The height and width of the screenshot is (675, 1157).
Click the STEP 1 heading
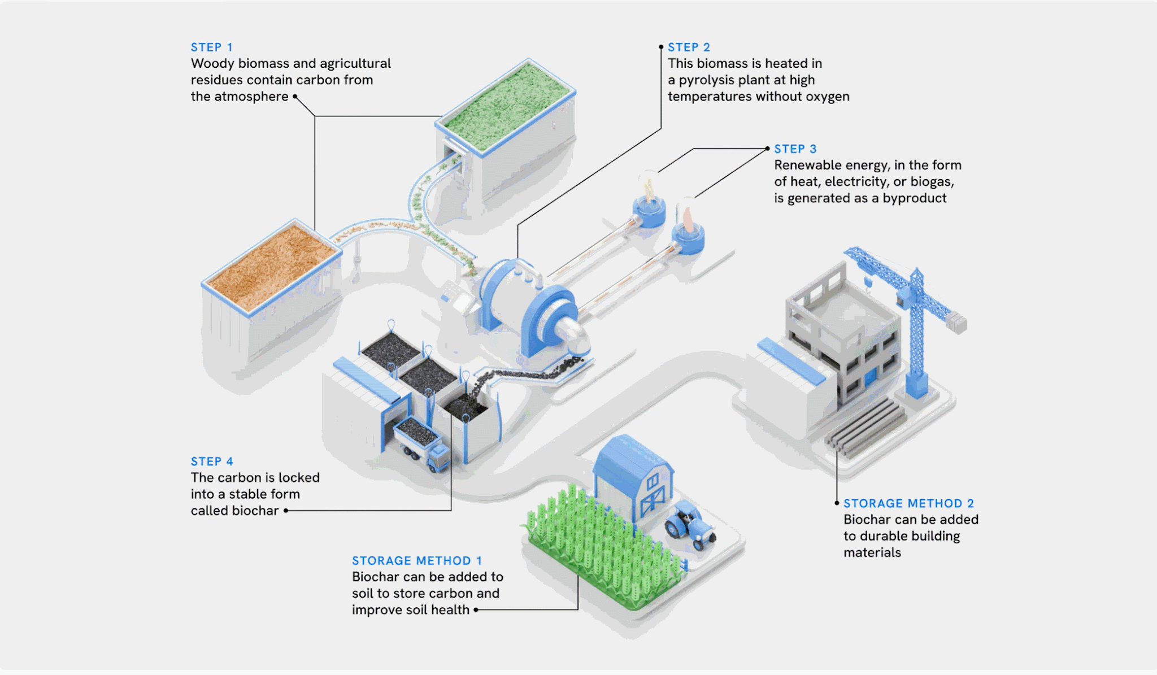click(211, 47)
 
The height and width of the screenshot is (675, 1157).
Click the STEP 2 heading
click(689, 47)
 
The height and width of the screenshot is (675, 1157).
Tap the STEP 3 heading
click(795, 149)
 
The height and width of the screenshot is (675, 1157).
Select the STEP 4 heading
click(212, 461)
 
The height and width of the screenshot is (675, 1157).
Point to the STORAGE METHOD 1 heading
click(417, 561)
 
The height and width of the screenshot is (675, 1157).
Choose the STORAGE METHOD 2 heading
click(908, 503)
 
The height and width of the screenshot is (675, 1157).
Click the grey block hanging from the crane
click(956, 324)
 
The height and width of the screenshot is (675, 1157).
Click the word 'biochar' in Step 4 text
click(256, 511)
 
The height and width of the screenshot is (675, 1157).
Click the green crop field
click(599, 548)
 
